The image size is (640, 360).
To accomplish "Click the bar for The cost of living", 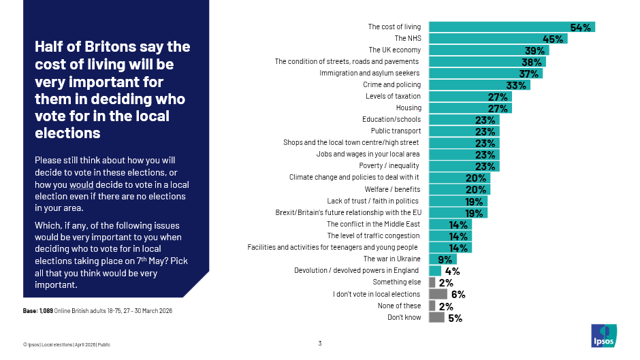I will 511,27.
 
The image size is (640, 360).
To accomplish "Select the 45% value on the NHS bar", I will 553,39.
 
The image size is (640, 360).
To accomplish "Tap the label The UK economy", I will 395,50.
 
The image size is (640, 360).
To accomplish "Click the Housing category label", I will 409,108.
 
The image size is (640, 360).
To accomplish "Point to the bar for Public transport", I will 463,131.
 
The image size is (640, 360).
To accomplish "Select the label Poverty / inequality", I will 390,166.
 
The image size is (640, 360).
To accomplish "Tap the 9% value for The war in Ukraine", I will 445,259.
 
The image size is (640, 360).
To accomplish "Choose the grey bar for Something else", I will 432,282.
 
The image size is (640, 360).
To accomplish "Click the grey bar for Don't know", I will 436,318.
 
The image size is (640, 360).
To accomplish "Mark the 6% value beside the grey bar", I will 458,295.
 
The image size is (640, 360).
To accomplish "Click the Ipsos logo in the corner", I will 603,336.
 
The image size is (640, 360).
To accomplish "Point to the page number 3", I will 320,343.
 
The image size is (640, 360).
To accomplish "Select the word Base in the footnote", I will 31,311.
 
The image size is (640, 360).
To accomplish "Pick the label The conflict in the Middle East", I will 374,224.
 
